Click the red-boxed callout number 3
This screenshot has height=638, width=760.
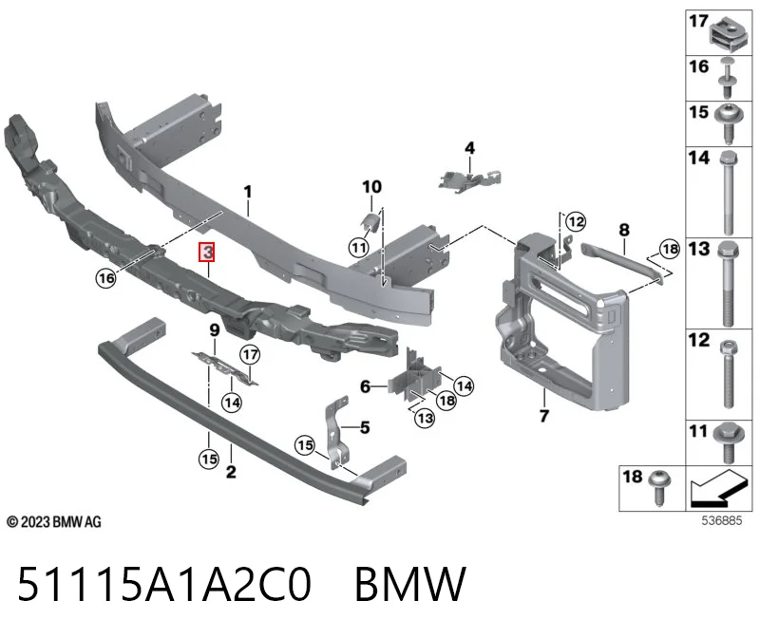pos(207,252)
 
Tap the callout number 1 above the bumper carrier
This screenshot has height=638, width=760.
pos(248,192)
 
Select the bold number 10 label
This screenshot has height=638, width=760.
pos(371,186)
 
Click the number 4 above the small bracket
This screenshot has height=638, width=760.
pos(469,148)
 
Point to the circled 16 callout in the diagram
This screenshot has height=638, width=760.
pos(105,278)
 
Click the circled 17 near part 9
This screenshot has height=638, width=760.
pos(250,355)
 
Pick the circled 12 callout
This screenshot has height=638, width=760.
pos(576,222)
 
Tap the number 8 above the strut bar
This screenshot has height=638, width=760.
pos(624,230)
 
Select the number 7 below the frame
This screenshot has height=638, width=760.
pos(544,416)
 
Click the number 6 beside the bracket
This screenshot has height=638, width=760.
pos(365,386)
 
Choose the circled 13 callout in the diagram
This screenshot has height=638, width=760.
pos(425,418)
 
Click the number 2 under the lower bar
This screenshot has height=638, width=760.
pos(231,471)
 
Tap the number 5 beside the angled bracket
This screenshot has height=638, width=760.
pos(365,427)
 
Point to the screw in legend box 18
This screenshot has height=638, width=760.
pos(660,487)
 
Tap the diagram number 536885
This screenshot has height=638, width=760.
pos(722,520)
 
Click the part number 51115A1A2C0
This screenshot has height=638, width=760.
pos(163,584)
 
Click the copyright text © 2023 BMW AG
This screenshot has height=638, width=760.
pos(54,522)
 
